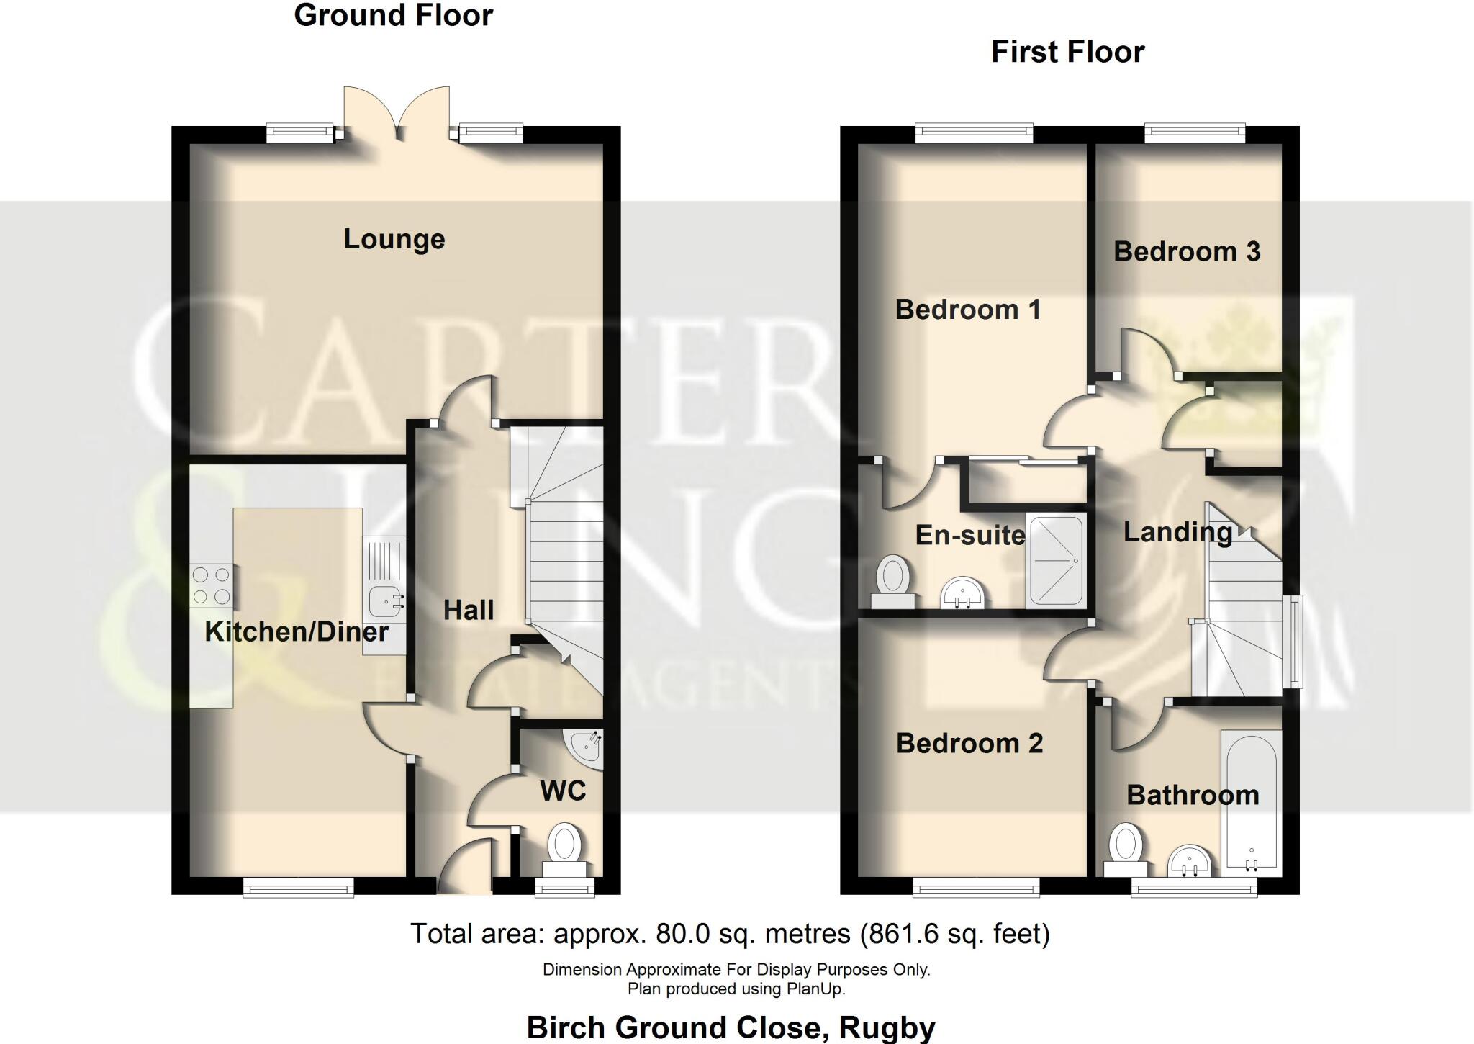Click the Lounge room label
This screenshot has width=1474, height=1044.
(394, 239)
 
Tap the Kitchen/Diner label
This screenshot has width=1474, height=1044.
(297, 631)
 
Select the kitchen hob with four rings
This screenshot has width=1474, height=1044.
(212, 586)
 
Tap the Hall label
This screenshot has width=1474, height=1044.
(469, 610)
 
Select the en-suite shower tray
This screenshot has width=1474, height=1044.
(1056, 561)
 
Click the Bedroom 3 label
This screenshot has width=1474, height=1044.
(1187, 251)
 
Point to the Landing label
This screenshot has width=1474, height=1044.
(1177, 532)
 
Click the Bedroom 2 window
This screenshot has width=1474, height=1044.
(976, 889)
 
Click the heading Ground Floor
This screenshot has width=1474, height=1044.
(393, 16)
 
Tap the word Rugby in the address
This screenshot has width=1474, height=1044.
(887, 1027)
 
